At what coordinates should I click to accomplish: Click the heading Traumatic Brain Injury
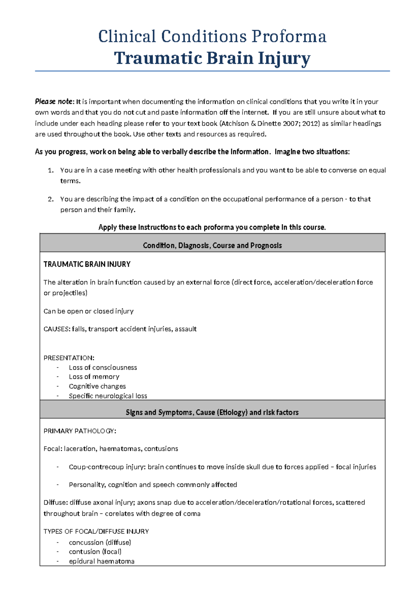(x=212, y=58)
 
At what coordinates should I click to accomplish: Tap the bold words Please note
(x=54, y=102)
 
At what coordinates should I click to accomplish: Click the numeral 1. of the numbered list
(x=51, y=170)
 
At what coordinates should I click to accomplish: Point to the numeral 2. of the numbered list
(x=51, y=199)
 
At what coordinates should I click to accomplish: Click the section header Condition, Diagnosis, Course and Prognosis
(x=212, y=245)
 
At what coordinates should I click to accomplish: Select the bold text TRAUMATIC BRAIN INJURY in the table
(x=87, y=264)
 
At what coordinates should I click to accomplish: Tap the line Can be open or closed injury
(x=88, y=311)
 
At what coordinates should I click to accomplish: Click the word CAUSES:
(x=57, y=329)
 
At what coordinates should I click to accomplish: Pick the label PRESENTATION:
(x=69, y=358)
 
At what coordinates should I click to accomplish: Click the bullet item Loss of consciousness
(x=103, y=367)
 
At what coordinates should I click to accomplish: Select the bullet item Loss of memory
(x=94, y=377)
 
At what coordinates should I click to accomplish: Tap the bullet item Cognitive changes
(x=97, y=386)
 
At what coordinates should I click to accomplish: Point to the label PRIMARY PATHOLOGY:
(x=79, y=431)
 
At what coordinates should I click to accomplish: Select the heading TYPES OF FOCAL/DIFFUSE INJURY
(x=96, y=531)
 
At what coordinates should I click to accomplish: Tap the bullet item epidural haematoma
(x=101, y=561)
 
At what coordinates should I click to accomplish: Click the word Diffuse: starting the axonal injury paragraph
(x=55, y=503)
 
